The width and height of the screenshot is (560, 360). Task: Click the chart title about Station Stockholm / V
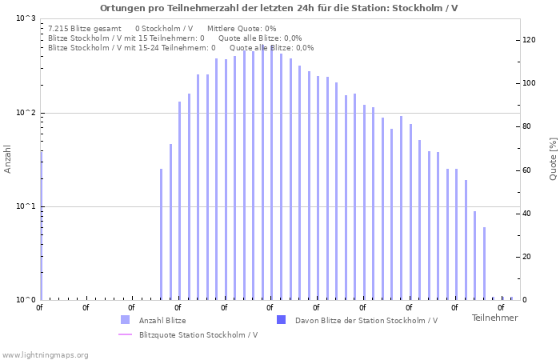[279, 8]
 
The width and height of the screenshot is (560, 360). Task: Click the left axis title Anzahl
[8, 158]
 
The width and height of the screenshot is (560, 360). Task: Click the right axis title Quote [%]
[553, 158]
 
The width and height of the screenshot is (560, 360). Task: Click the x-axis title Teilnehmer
[494, 318]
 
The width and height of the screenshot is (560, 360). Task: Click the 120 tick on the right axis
[529, 40]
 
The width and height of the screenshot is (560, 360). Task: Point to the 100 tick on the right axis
[529, 83]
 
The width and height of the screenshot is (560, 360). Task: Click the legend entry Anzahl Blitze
[162, 321]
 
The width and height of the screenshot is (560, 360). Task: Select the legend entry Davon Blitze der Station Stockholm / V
[366, 321]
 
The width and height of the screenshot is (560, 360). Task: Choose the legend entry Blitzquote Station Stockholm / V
[198, 334]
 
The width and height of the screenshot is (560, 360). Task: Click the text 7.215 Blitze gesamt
[85, 28]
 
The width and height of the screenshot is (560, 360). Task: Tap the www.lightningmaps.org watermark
[45, 354]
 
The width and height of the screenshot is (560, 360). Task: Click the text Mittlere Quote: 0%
[247, 28]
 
